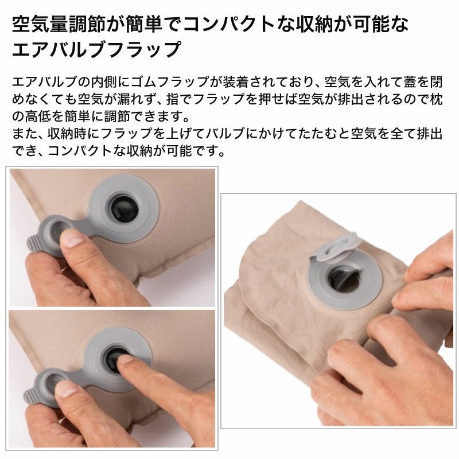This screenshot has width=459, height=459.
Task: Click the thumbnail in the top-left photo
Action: point(72,238)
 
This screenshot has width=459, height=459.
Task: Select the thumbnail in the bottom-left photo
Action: point(67,389)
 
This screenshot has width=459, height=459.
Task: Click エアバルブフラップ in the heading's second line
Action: point(96,49)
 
